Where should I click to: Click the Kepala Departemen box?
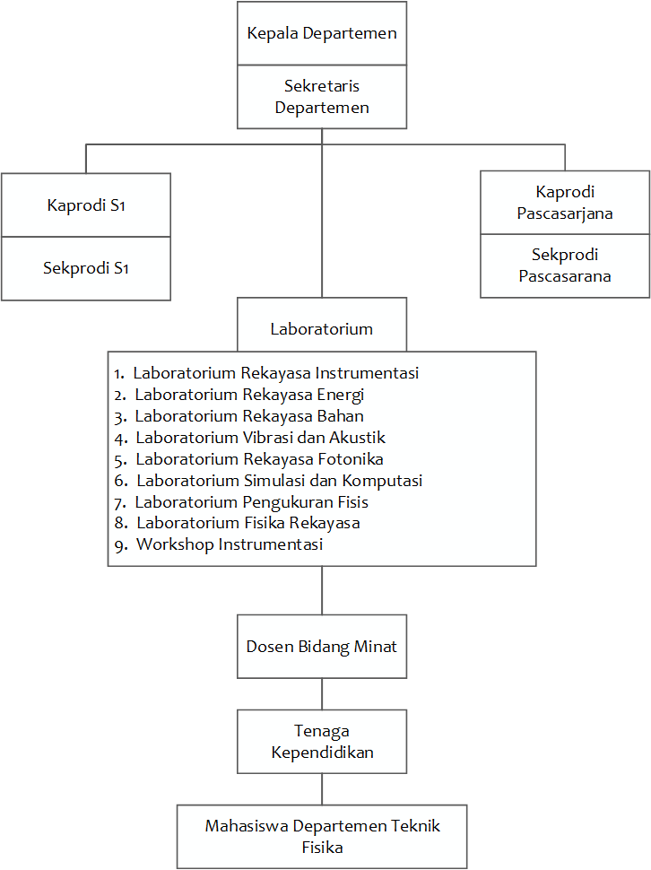[322, 34]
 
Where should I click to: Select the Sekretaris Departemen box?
[322, 97]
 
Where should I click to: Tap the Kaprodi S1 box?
[86, 205]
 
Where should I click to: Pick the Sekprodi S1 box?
[86, 268]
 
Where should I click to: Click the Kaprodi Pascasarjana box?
[565, 203]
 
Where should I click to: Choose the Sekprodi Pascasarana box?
[565, 265]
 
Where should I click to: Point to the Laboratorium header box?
[322, 328]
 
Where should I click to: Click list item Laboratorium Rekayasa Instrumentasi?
[276, 373]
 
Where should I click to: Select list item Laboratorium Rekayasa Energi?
[249, 395]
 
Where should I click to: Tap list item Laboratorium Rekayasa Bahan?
[249, 416]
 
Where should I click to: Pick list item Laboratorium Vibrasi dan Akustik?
[260, 438]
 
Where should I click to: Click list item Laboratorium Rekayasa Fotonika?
[260, 459]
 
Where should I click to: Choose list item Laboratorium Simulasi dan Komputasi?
[279, 481]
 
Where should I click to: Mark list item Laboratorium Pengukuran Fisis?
[252, 502]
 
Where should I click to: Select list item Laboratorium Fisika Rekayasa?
[248, 523]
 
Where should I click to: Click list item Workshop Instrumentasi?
[230, 544]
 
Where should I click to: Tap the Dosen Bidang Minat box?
[322, 647]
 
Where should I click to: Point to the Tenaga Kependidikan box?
[322, 742]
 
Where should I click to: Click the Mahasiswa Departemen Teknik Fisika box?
[322, 836]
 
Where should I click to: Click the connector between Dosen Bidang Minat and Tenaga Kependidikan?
[322, 694]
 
